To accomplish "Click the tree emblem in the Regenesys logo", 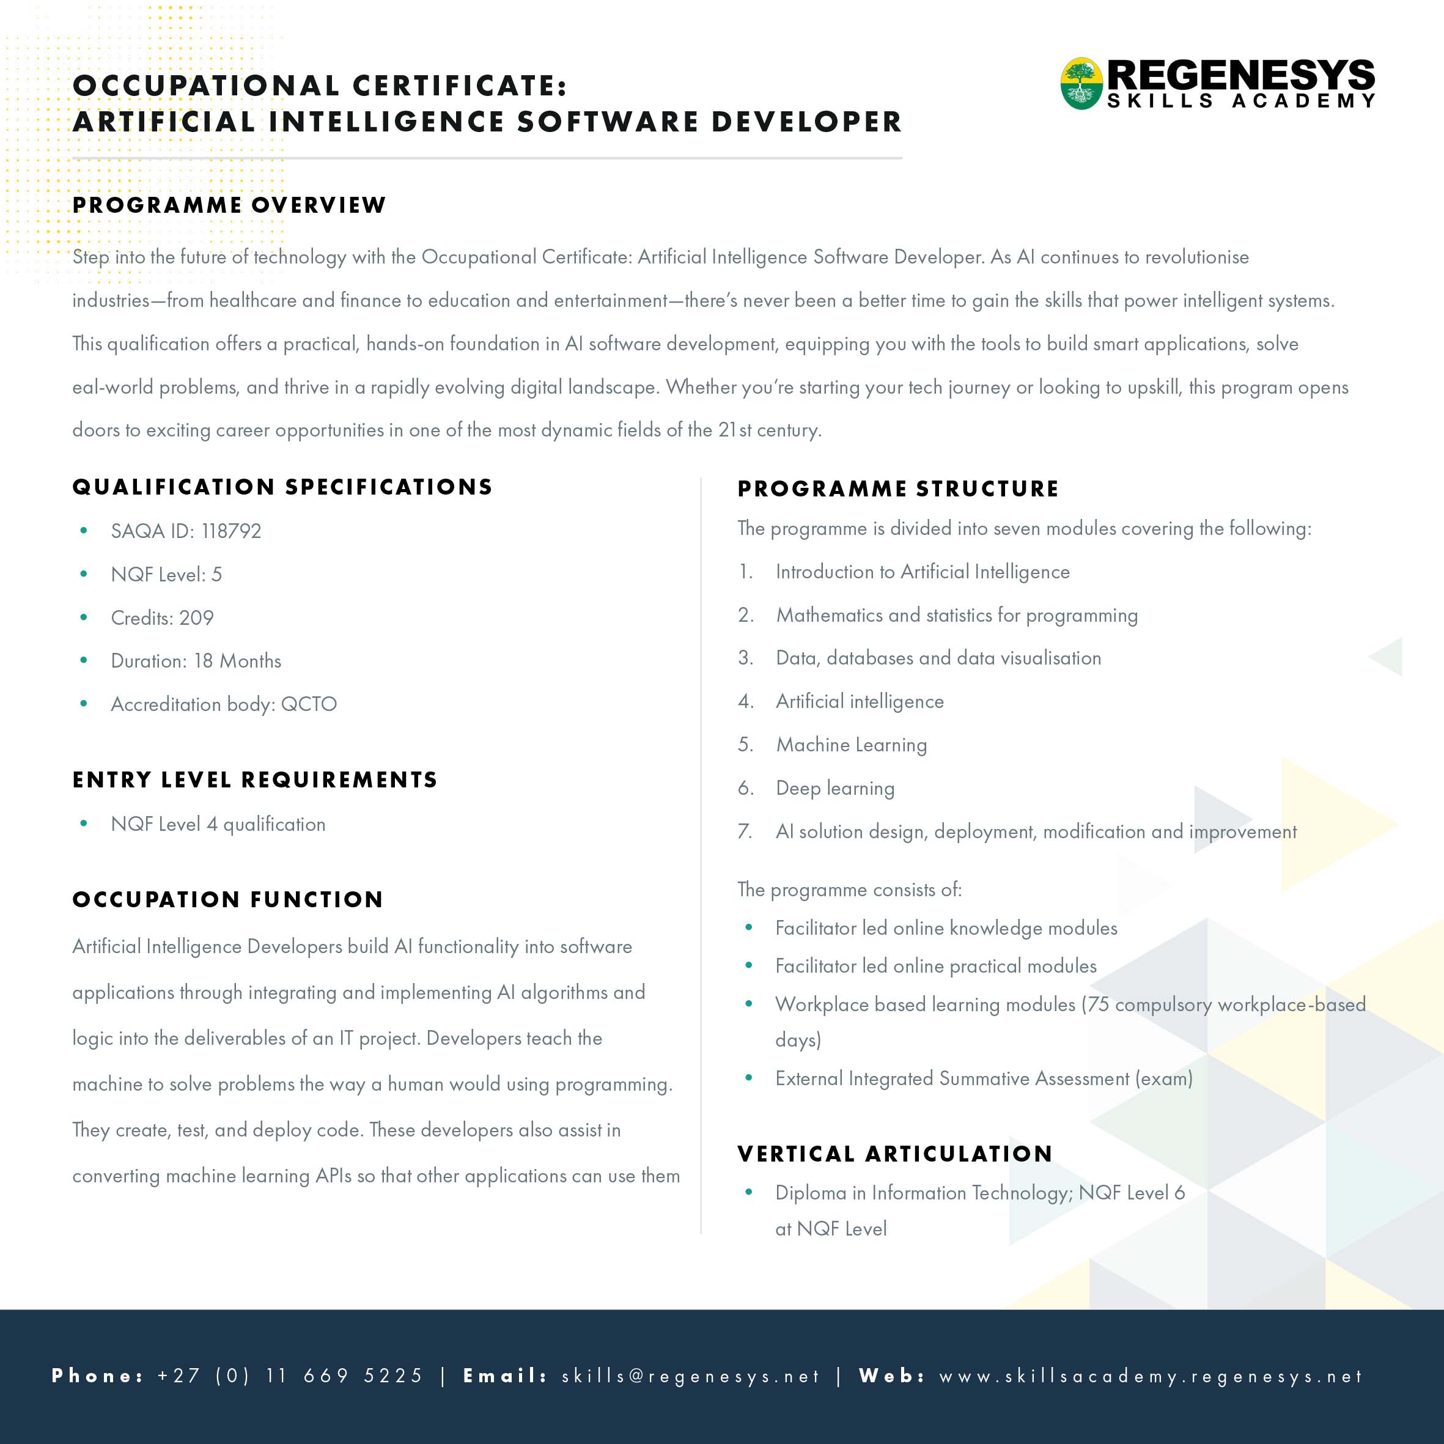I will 1081,83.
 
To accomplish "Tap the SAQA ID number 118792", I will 231,531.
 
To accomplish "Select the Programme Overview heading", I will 229,205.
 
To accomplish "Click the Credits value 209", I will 197,618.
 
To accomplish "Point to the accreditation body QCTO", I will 309,704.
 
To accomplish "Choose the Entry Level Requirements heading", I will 255,779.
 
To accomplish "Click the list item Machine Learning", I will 852,745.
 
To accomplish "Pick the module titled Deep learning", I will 835,788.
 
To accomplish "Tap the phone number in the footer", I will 290,1376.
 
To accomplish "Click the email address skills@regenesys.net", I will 691,1376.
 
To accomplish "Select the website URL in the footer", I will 1151,1376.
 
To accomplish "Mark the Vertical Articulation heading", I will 894,1154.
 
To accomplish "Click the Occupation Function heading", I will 228,899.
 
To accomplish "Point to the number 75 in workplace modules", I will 1098,1004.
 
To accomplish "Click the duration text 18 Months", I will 238,661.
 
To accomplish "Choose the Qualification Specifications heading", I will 282,487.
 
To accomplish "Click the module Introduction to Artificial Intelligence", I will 923,572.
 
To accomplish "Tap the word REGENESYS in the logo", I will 1240,75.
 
